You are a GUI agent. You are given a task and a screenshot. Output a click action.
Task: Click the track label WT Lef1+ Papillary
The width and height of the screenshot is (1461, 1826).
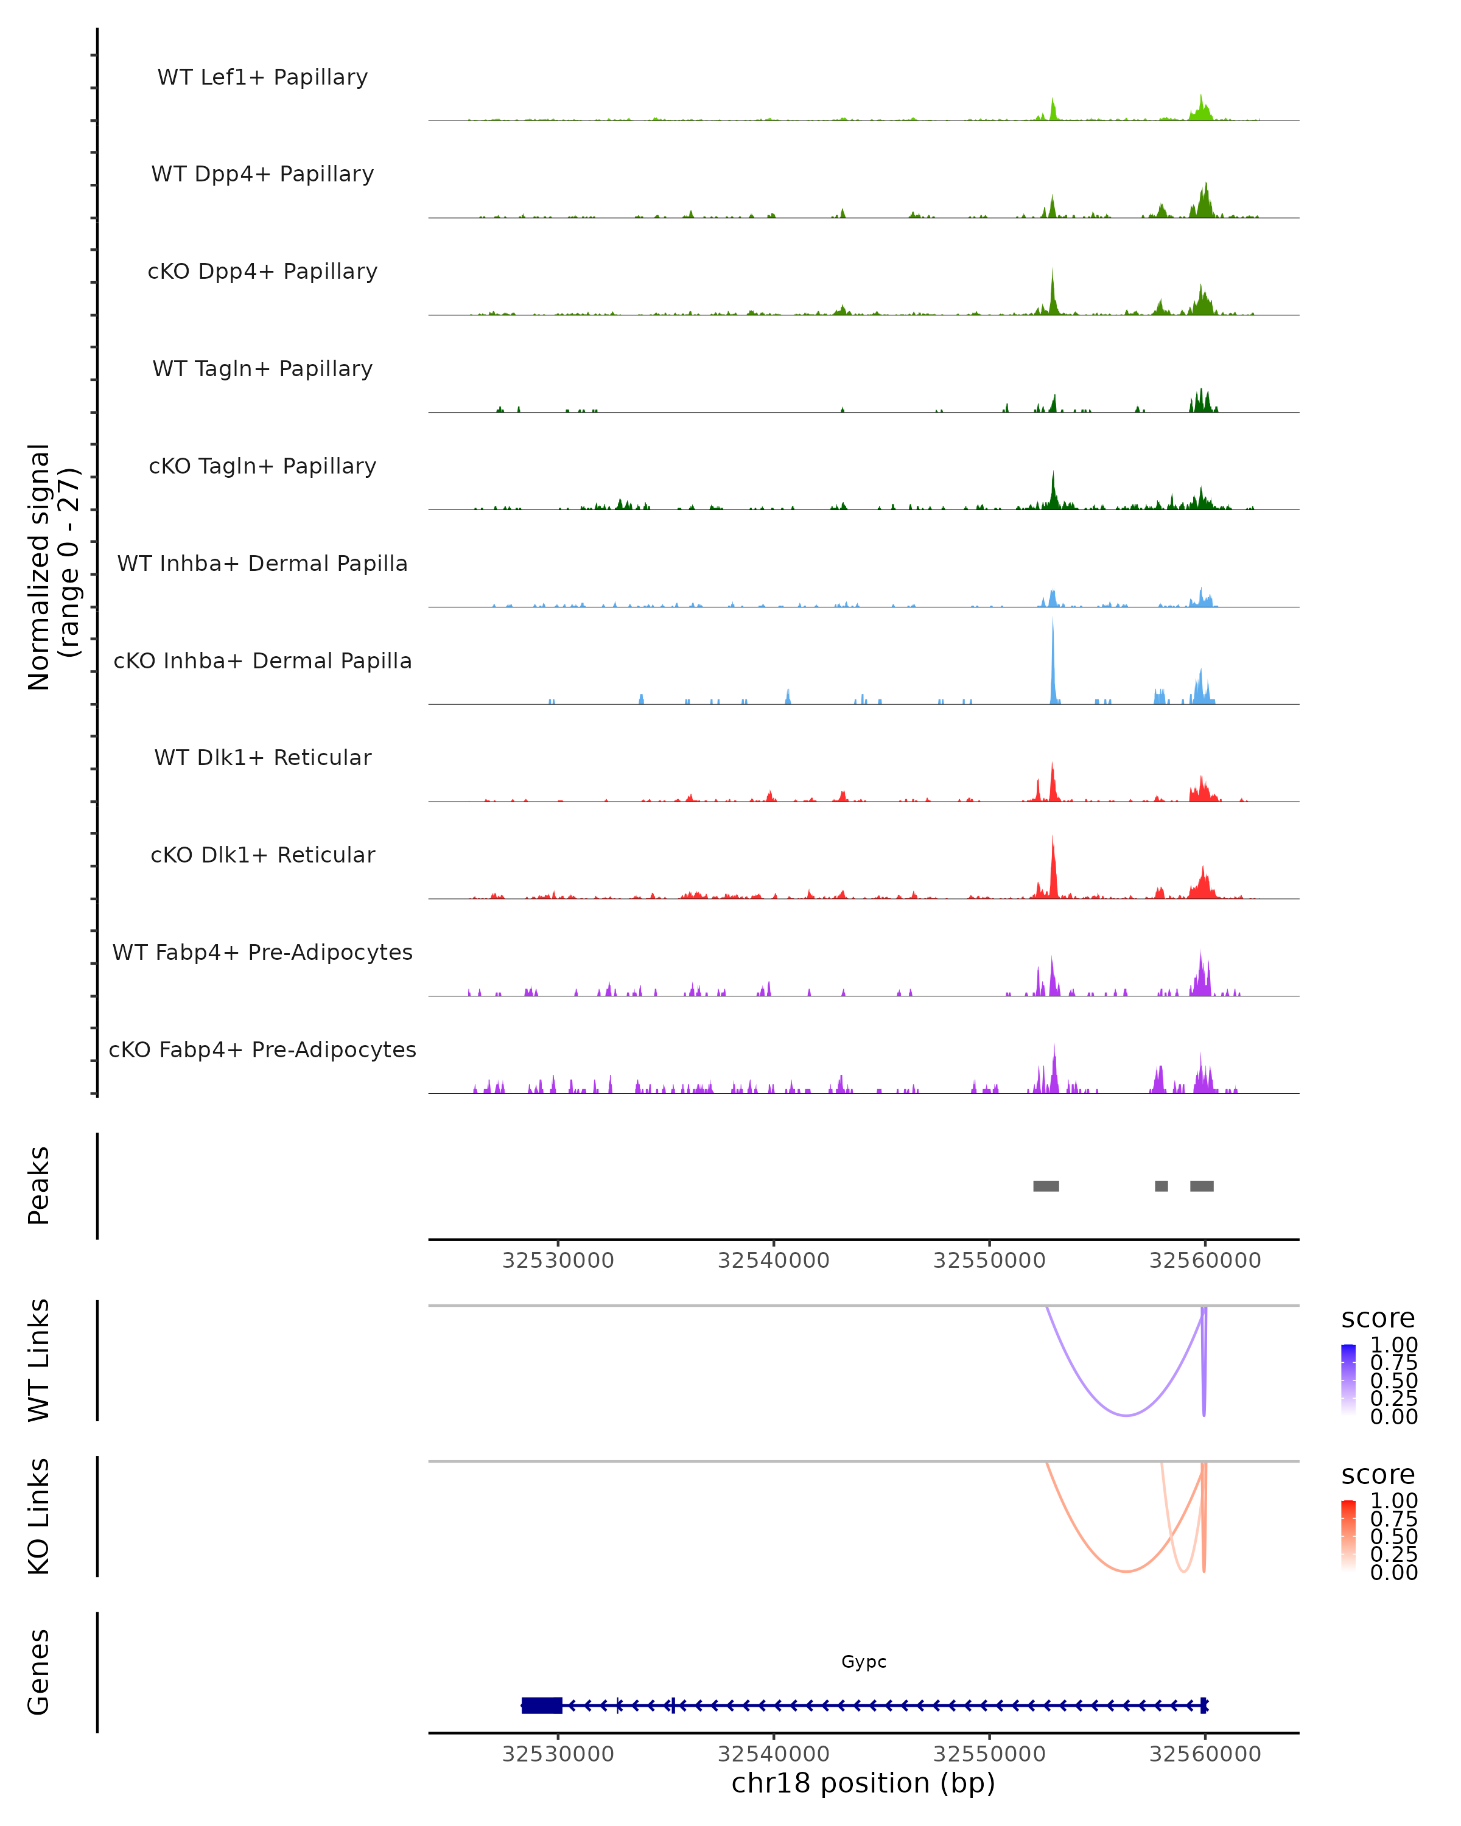pos(262,77)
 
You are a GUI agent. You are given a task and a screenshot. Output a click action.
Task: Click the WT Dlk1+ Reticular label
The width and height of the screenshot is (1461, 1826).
pos(262,757)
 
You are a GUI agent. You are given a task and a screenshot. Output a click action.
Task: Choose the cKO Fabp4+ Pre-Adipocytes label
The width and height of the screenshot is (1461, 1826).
pos(262,1049)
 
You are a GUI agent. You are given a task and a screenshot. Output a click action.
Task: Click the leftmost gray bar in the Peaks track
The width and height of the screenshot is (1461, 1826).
pos(1046,1186)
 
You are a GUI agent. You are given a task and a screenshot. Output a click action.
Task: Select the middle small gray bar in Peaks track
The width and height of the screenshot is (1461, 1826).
pos(1161,1186)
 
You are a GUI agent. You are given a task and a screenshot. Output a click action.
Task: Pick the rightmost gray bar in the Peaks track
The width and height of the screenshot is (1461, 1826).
pos(1201,1186)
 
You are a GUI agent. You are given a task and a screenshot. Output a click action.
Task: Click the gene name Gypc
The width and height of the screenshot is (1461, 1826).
pos(863,1662)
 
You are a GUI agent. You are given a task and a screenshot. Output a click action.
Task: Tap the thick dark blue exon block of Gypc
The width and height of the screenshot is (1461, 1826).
pos(542,1705)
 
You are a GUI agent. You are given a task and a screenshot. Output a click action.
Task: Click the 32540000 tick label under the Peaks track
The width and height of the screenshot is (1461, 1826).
pos(773,1261)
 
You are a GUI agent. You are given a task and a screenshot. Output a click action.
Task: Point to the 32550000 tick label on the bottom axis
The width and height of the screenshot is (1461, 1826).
pos(989,1753)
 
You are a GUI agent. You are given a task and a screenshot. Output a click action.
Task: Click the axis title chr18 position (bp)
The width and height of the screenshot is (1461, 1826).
pos(863,1783)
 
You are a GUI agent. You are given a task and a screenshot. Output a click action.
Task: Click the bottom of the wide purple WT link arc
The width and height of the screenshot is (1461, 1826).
pos(1126,1415)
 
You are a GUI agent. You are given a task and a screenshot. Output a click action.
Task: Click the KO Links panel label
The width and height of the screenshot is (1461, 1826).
pos(39,1516)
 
